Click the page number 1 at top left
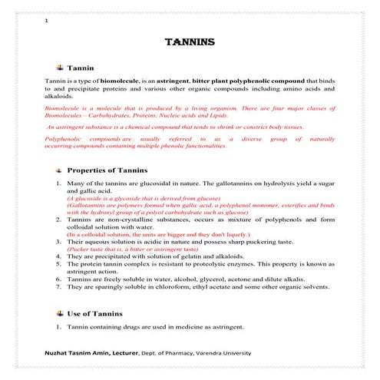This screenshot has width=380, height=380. [48, 21]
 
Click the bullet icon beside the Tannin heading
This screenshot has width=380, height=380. [60, 68]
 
